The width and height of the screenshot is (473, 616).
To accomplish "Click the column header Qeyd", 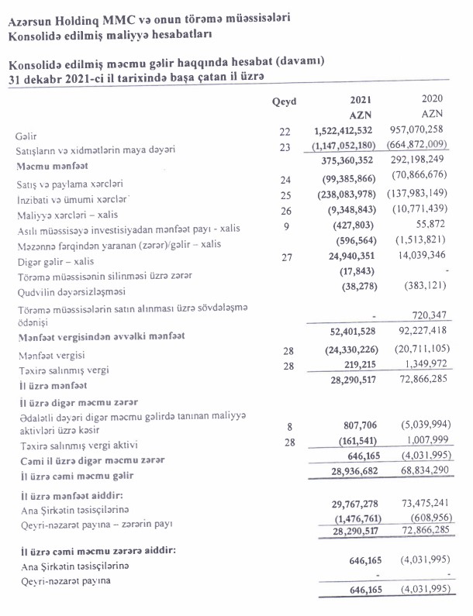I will pyautogui.click(x=285, y=102).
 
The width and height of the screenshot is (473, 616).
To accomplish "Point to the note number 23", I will pyautogui.click(x=285, y=147).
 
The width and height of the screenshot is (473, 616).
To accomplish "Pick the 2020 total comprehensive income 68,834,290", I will pyautogui.click(x=430, y=470).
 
